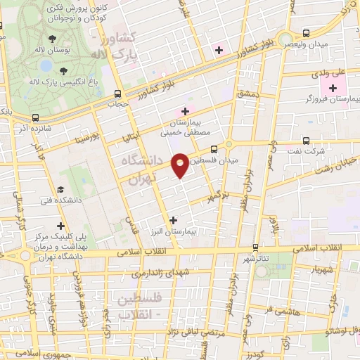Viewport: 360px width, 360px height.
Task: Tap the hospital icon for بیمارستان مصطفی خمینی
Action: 186,111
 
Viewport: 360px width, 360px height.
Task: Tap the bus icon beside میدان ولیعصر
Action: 306,33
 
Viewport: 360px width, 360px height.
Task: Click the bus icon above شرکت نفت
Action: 305,140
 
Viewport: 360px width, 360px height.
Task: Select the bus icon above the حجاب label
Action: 117,94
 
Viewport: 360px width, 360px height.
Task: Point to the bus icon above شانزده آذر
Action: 35,118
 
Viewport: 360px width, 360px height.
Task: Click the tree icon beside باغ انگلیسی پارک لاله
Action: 64,70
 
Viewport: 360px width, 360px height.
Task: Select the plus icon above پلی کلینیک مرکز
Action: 60,225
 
